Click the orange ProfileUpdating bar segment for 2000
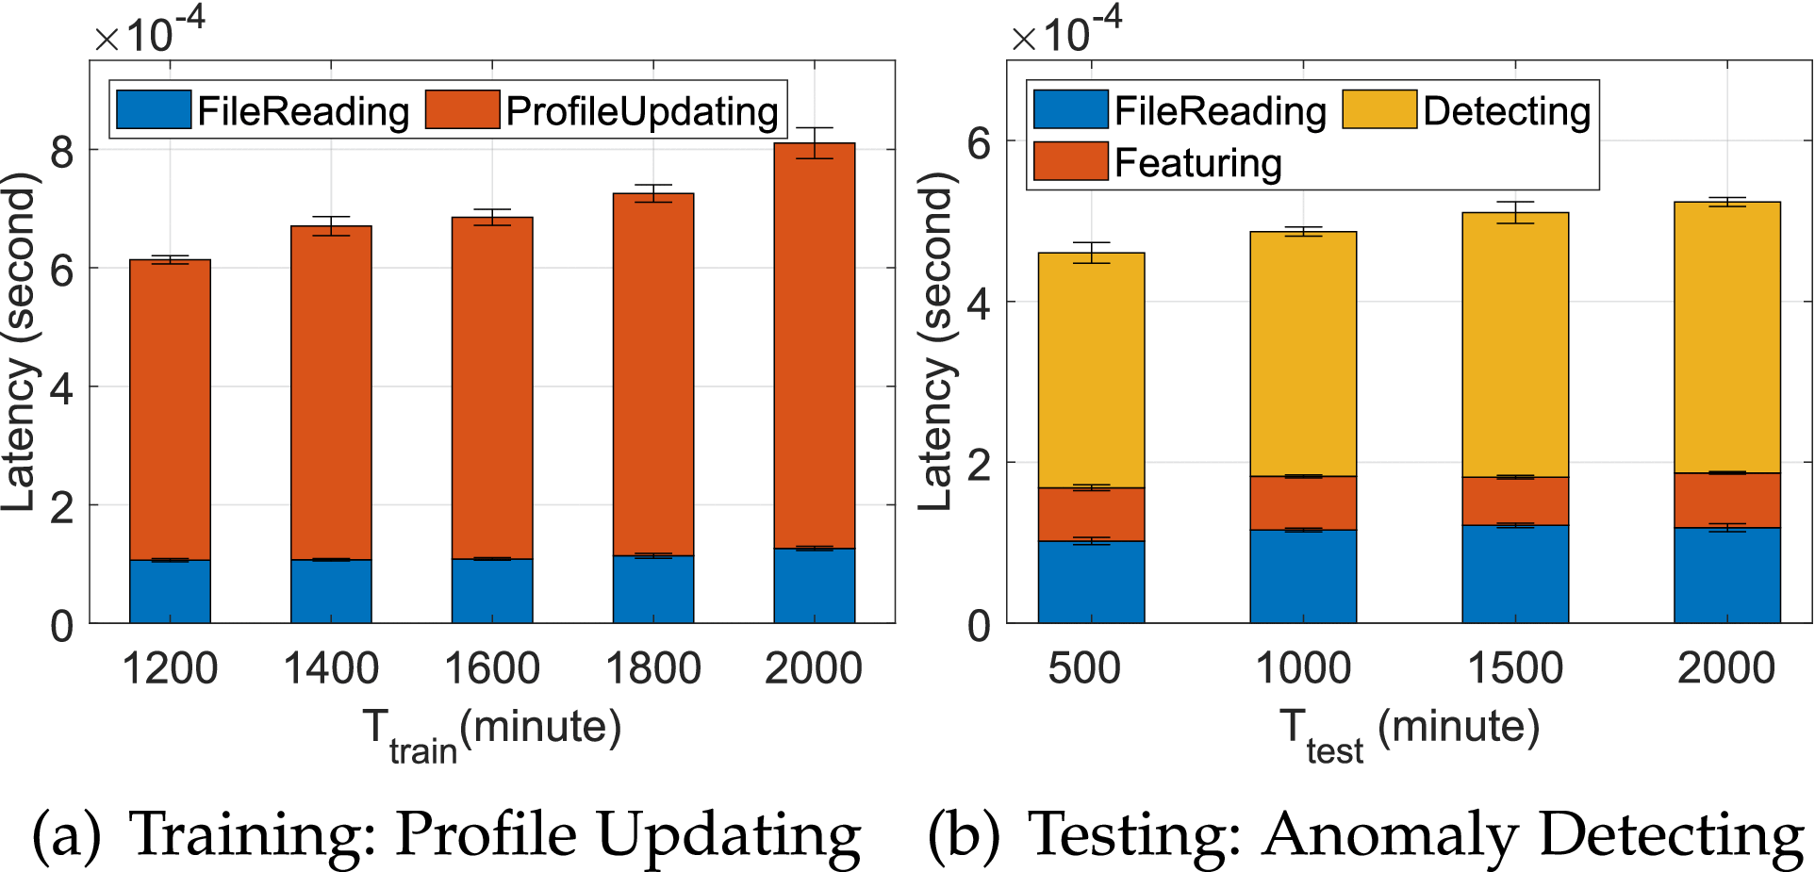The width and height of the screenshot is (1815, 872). tap(814, 349)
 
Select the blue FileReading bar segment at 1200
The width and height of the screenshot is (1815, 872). tap(170, 591)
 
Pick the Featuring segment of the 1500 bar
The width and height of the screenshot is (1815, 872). tap(1515, 501)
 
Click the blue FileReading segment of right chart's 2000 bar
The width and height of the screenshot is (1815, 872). tap(1726, 575)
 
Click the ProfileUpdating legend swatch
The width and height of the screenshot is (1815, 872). tap(462, 110)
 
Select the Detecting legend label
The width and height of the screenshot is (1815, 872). tap(1506, 111)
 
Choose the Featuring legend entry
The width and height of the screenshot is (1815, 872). tap(1197, 163)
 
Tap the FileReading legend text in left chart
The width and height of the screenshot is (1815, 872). tap(303, 111)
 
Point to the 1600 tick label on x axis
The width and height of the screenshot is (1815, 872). tap(491, 668)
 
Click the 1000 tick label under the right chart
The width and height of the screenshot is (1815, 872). tap(1303, 668)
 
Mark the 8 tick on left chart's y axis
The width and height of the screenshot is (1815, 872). tap(62, 151)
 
